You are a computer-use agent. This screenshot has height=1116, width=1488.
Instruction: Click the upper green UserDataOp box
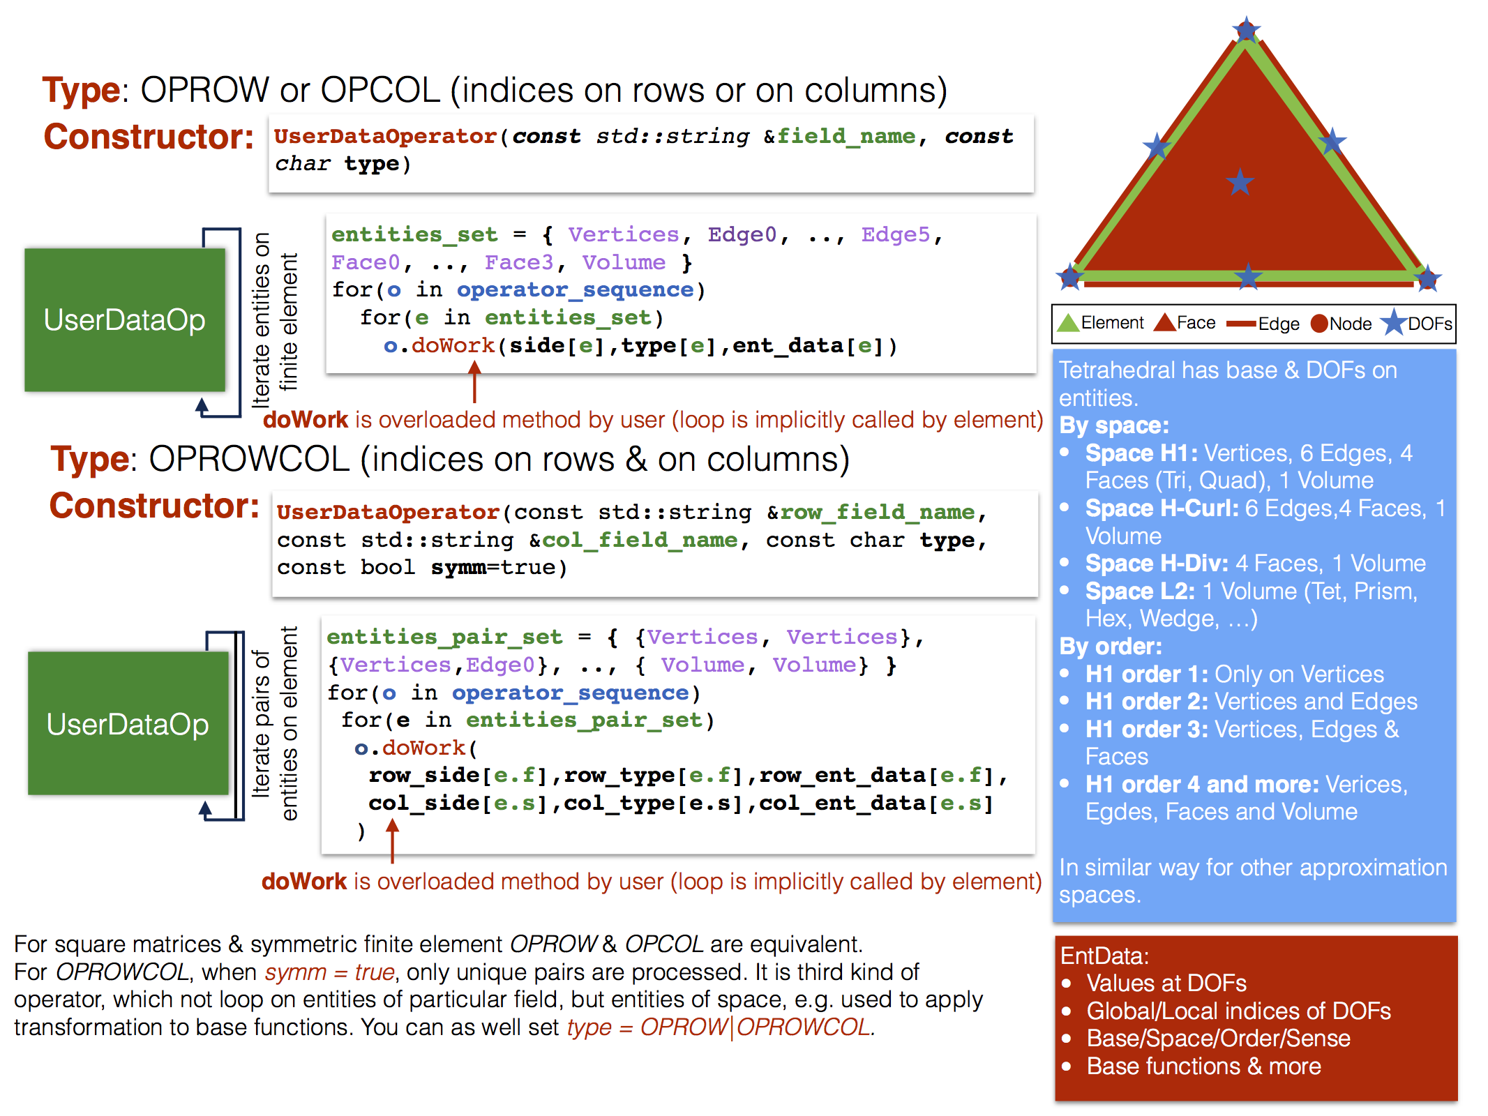(125, 319)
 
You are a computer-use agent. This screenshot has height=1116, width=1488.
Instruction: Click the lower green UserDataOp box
(128, 723)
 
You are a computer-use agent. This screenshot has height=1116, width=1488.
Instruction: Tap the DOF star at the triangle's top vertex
(1246, 30)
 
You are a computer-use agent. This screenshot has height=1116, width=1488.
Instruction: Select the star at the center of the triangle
(1240, 182)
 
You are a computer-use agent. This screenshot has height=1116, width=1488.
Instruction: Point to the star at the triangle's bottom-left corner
(1069, 277)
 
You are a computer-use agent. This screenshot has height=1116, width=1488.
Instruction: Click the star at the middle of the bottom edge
(1248, 277)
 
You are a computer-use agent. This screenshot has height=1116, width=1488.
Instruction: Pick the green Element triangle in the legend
(1068, 323)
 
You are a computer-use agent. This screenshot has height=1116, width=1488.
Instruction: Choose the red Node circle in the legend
(1319, 324)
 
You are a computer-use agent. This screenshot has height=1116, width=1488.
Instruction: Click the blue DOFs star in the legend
(1394, 322)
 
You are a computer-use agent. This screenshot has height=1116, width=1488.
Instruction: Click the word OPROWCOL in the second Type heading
(249, 459)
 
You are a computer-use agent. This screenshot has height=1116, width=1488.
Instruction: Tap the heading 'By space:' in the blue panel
(1114, 425)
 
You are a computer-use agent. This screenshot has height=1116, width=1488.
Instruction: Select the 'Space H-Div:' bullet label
(1157, 563)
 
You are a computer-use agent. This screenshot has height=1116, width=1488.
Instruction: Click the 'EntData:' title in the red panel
(1104, 956)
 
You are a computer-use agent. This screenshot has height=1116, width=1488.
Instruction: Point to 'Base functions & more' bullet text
(1204, 1066)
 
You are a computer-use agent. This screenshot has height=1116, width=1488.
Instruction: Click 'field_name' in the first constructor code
(846, 136)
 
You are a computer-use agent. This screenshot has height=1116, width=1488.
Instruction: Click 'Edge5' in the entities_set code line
(896, 234)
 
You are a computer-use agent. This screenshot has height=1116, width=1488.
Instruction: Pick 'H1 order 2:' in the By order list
(1147, 701)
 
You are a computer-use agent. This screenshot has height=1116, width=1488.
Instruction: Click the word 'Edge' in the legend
(1279, 324)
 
